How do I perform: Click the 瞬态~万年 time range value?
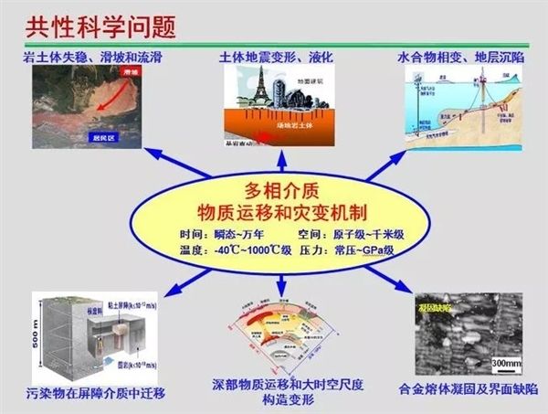(x=241, y=234)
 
